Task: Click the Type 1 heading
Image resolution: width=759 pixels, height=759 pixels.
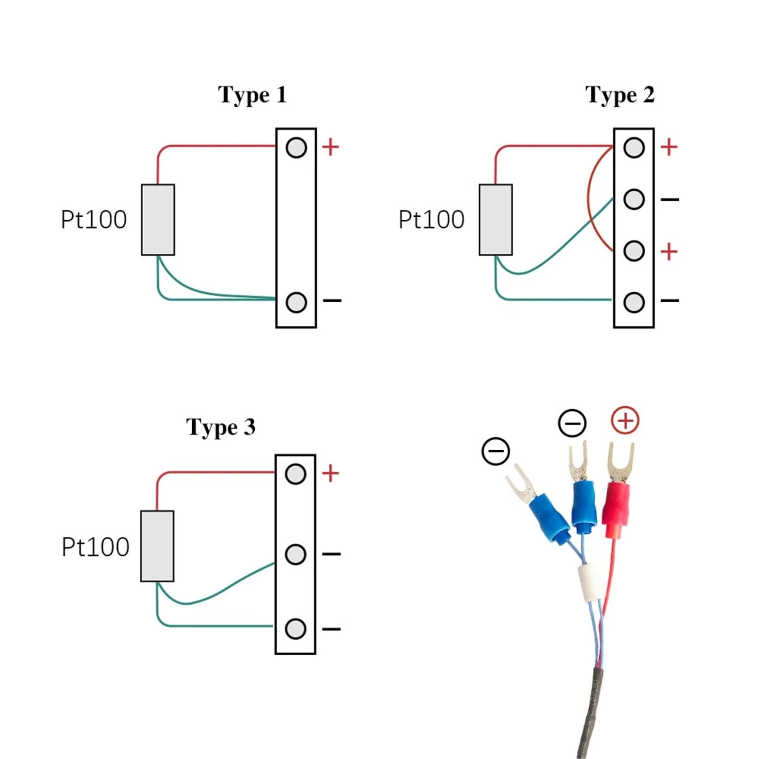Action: point(252,95)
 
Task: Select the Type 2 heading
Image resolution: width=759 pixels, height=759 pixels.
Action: point(620,95)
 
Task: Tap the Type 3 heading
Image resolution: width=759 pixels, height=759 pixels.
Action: point(221,427)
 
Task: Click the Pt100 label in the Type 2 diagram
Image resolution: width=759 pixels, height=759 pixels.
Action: point(431,220)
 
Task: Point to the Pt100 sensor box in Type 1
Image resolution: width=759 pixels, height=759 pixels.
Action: point(158,220)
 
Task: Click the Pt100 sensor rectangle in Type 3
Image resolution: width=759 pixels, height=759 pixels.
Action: point(157,546)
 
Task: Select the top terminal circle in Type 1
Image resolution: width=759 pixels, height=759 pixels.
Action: point(296,148)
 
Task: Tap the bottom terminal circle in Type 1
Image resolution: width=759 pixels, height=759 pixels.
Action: point(296,302)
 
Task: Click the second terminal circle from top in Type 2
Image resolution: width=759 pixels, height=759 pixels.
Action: point(634,199)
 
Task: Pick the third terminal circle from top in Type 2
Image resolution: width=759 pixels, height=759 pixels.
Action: point(634,251)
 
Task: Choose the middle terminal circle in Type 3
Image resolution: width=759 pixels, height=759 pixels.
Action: point(295,554)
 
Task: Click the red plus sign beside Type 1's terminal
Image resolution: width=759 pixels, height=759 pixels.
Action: point(331,147)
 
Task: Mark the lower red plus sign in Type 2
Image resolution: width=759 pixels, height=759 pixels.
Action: point(669,251)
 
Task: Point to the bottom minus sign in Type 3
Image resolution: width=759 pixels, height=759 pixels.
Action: point(331,629)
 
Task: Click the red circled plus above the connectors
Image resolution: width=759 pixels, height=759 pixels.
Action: point(625,420)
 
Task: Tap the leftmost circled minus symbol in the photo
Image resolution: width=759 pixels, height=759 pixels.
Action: point(496,451)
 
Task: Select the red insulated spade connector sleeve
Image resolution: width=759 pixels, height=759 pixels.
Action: point(616,510)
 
